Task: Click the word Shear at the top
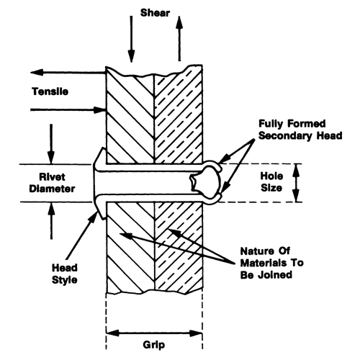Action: [x=155, y=13]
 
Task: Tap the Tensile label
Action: [x=50, y=91]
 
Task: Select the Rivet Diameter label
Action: [x=52, y=183]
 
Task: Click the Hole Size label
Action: [x=271, y=181]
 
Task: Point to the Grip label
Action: [x=154, y=345]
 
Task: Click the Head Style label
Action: [x=65, y=274]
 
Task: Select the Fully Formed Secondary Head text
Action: [x=300, y=130]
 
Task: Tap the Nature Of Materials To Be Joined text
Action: [x=272, y=263]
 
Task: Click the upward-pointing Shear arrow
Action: [x=179, y=38]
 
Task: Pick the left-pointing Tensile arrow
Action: [x=68, y=72]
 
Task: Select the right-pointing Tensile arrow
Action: [x=68, y=110]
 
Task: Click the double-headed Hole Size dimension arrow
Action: [x=297, y=183]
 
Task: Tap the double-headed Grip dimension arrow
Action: [x=154, y=333]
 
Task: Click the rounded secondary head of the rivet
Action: [x=209, y=182]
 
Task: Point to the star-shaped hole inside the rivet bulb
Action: [x=194, y=182]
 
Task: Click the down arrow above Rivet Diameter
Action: [x=51, y=144]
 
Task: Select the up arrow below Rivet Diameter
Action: [x=51, y=220]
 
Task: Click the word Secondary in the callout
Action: [x=286, y=135]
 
